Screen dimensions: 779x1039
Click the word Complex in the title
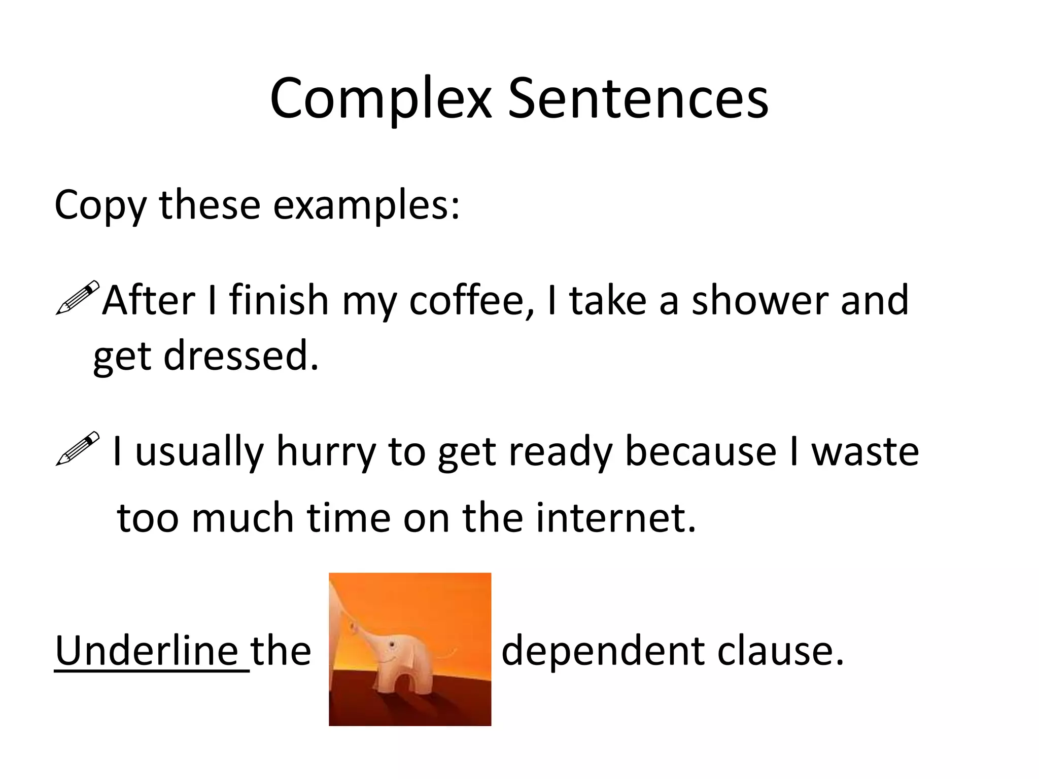pos(381,99)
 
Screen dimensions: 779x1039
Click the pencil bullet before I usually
pos(77,448)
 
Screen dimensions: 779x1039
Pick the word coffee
pos(471,300)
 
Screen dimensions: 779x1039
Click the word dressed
pos(240,355)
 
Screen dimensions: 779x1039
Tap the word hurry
pos(325,451)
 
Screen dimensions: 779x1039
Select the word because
pos(700,451)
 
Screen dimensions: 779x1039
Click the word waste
pos(865,451)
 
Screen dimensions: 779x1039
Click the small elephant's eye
pos(392,644)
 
